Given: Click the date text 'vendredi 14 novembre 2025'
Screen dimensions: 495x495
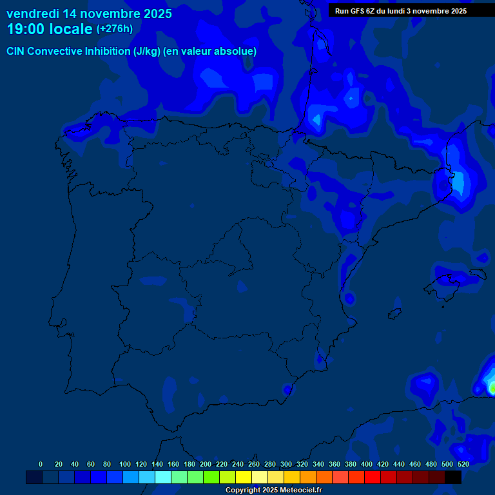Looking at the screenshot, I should pos(89,14).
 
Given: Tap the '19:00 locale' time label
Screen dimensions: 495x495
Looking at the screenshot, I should pos(50,29).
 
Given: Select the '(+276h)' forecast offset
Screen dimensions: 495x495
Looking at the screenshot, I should pos(115,29).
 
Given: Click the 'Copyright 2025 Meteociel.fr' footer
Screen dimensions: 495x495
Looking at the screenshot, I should pos(273,490).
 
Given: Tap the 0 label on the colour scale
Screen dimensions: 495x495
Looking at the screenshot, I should pos(41,464).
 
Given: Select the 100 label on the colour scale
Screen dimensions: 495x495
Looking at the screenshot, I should pos(125,464).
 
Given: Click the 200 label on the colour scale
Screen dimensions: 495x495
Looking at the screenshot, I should pos(206,464).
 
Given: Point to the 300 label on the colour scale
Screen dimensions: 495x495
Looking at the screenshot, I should pos(286,464).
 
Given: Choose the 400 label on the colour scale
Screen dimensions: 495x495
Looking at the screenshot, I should pos(367,464).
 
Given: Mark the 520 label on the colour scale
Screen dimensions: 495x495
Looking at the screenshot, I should pos(463,464).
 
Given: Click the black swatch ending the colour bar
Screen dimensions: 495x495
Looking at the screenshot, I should pos(453,477).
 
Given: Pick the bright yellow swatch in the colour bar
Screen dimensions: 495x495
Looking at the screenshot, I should pos(244,477).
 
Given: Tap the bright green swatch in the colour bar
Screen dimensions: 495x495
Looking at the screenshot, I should pos(211,477).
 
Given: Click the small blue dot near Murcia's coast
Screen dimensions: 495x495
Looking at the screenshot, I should pos(287,389).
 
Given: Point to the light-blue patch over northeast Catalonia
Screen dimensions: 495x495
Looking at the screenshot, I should pos(458,182).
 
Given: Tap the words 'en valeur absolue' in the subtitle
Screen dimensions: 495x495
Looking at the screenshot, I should pos(210,52).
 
